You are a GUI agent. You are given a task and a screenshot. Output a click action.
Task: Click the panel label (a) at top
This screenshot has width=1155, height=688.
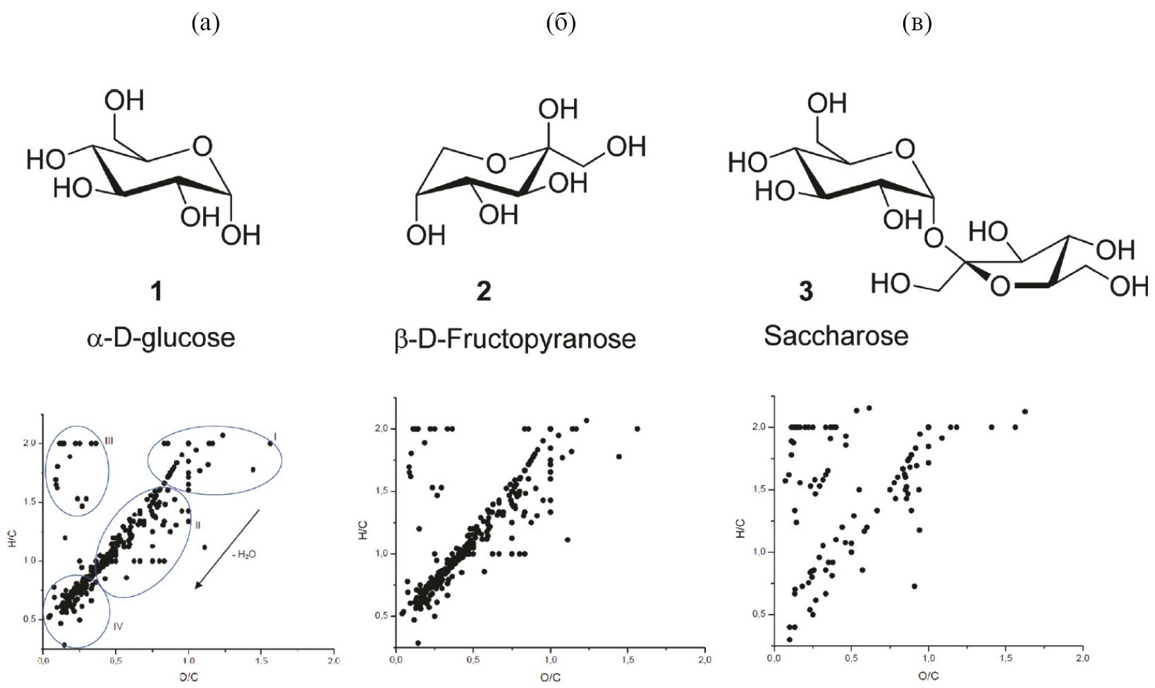[206, 23]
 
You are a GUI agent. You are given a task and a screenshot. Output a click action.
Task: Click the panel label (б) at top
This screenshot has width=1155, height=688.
[561, 23]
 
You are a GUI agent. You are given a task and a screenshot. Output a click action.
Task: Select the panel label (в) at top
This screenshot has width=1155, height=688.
[917, 23]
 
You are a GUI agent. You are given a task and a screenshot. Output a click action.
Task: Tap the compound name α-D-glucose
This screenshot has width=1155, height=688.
[161, 338]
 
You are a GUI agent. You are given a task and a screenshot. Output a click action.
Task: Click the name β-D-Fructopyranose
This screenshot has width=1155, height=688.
[515, 339]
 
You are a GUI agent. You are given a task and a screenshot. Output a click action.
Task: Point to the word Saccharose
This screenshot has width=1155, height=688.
[836, 336]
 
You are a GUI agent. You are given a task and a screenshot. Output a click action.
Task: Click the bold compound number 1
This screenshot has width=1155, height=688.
[157, 290]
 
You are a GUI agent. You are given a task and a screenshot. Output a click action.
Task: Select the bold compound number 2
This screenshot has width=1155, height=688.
[484, 290]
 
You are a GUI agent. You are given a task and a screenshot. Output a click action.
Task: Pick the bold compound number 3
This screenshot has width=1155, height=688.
[806, 290]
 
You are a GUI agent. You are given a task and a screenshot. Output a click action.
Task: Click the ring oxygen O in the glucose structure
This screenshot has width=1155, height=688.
[202, 147]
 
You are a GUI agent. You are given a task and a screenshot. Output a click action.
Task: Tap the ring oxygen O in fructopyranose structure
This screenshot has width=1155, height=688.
[496, 164]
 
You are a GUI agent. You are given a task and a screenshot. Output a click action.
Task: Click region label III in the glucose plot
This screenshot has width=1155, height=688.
[109, 441]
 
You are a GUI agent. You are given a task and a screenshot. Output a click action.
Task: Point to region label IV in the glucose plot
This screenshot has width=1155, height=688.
[118, 625]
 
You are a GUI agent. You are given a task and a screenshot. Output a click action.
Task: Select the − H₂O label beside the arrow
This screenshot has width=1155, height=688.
[244, 554]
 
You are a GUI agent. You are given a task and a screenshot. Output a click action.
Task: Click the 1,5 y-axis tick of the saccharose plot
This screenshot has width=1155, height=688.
[759, 489]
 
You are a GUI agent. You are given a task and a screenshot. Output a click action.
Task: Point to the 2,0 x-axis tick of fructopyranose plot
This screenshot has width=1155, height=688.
[704, 660]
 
